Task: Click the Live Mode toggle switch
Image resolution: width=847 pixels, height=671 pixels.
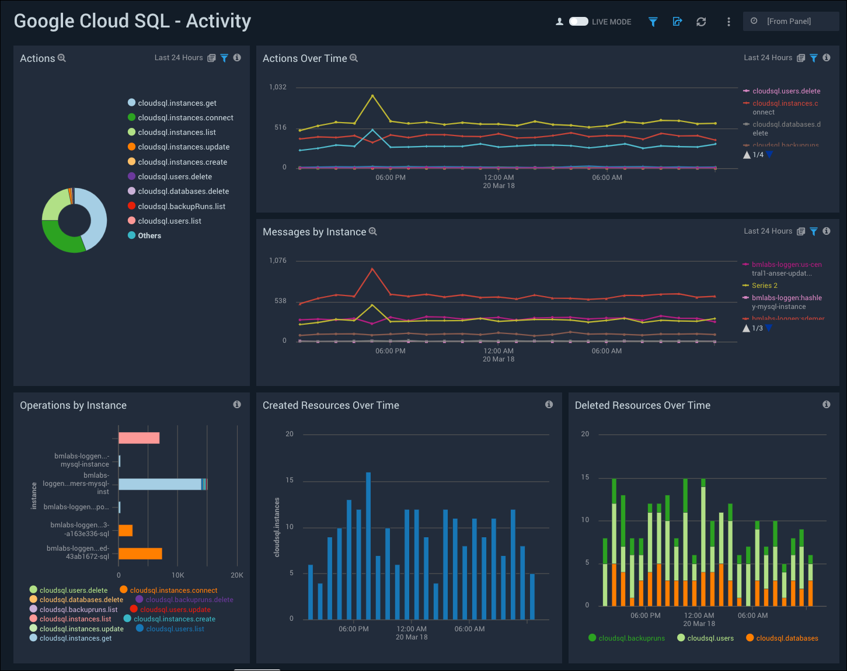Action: pyautogui.click(x=578, y=22)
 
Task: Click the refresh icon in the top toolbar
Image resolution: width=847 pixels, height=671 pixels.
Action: pyautogui.click(x=701, y=22)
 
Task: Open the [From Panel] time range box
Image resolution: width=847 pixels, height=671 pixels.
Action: pyautogui.click(x=790, y=22)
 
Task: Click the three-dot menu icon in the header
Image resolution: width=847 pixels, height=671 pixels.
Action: pyautogui.click(x=729, y=22)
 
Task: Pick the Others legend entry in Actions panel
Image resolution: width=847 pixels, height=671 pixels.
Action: pyautogui.click(x=149, y=236)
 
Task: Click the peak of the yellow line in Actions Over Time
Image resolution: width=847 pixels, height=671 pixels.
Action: pyautogui.click(x=372, y=96)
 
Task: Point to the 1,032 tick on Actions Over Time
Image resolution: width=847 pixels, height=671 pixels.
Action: pyautogui.click(x=278, y=88)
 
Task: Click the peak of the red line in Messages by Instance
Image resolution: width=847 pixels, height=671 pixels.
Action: pyautogui.click(x=372, y=269)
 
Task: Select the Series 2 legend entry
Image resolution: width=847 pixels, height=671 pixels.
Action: pyautogui.click(x=764, y=286)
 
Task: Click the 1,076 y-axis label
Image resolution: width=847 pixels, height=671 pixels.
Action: pyautogui.click(x=278, y=261)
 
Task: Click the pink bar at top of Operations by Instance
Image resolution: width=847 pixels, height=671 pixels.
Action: pyautogui.click(x=139, y=438)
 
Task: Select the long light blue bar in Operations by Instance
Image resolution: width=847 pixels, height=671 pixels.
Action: pyautogui.click(x=160, y=484)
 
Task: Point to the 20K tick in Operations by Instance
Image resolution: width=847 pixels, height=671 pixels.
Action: pyautogui.click(x=237, y=575)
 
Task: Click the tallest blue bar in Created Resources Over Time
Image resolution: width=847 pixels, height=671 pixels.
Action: pyautogui.click(x=368, y=545)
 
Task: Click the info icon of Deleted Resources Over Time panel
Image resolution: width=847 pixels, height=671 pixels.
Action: pyautogui.click(x=826, y=405)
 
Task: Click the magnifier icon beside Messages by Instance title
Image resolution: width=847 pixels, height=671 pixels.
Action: pyautogui.click(x=373, y=232)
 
